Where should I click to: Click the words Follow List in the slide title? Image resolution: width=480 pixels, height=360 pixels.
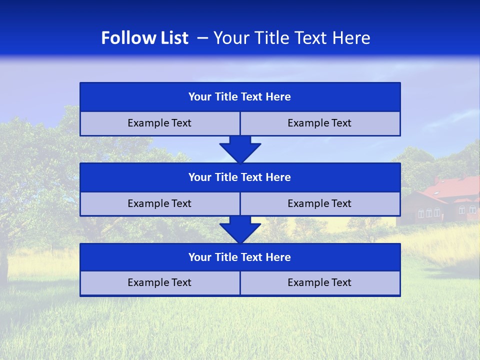coord(144,38)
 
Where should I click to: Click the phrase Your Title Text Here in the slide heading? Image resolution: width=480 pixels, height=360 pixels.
coord(291,38)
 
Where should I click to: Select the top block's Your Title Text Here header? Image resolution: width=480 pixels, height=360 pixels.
coord(239,97)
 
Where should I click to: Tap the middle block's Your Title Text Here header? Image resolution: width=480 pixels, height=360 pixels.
coord(239,177)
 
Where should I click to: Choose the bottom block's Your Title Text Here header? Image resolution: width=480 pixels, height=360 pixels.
coord(239,257)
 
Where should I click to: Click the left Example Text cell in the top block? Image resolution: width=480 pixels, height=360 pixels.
coord(159,123)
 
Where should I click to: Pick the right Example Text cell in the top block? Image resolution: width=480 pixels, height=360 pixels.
coord(319,123)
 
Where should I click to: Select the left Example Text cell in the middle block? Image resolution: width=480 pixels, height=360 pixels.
coord(159,203)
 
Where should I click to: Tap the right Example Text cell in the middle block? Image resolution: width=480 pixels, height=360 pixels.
coord(319,203)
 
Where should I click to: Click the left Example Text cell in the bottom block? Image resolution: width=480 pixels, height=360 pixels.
coord(159,282)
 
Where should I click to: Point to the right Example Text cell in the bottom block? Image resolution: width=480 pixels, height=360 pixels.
coord(319,282)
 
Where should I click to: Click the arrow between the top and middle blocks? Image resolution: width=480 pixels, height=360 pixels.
coord(240,149)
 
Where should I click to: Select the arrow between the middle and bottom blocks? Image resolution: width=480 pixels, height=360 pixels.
coord(240,229)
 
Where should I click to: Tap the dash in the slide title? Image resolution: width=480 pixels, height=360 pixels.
coord(202,38)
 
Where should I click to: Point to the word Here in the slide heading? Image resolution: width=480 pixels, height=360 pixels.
coord(353,38)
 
